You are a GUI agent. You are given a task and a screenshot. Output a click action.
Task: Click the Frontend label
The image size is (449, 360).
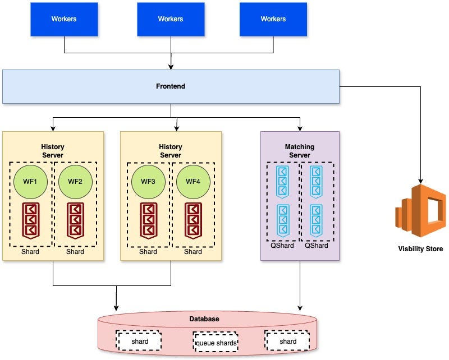[171, 86]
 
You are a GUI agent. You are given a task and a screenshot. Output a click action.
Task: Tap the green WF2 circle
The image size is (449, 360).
[75, 181]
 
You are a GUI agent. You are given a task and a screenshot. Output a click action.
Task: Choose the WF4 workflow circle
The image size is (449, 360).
[193, 181]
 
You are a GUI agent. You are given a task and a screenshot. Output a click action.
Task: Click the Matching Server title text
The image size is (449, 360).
[300, 151]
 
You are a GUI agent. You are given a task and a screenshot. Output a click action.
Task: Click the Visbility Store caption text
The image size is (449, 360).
[420, 249]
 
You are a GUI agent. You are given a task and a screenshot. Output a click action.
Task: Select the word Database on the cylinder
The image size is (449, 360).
[204, 319]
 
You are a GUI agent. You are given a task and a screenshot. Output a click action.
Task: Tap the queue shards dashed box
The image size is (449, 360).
[216, 341]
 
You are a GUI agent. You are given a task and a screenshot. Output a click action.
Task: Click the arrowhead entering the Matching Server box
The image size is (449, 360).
[300, 128]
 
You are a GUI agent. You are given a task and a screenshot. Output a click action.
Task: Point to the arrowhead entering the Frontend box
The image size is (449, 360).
[171, 67]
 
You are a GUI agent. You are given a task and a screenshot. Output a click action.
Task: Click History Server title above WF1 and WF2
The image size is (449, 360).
[53, 151]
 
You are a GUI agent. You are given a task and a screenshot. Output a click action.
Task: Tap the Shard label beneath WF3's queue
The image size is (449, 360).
[148, 252]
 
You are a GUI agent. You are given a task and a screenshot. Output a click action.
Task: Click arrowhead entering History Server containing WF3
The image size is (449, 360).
[176, 128]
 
